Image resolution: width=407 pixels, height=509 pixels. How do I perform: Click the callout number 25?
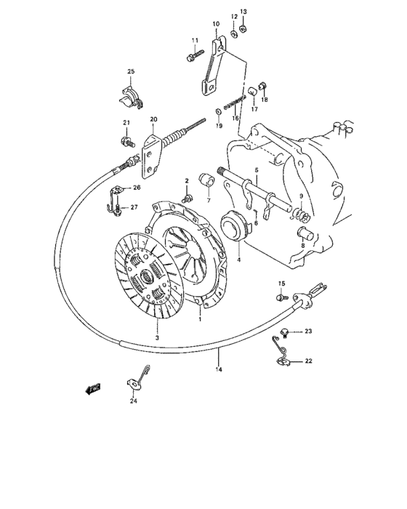point(132,71)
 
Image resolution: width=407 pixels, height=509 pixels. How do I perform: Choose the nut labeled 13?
point(243,29)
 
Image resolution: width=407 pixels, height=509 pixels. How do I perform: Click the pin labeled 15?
point(281,296)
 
